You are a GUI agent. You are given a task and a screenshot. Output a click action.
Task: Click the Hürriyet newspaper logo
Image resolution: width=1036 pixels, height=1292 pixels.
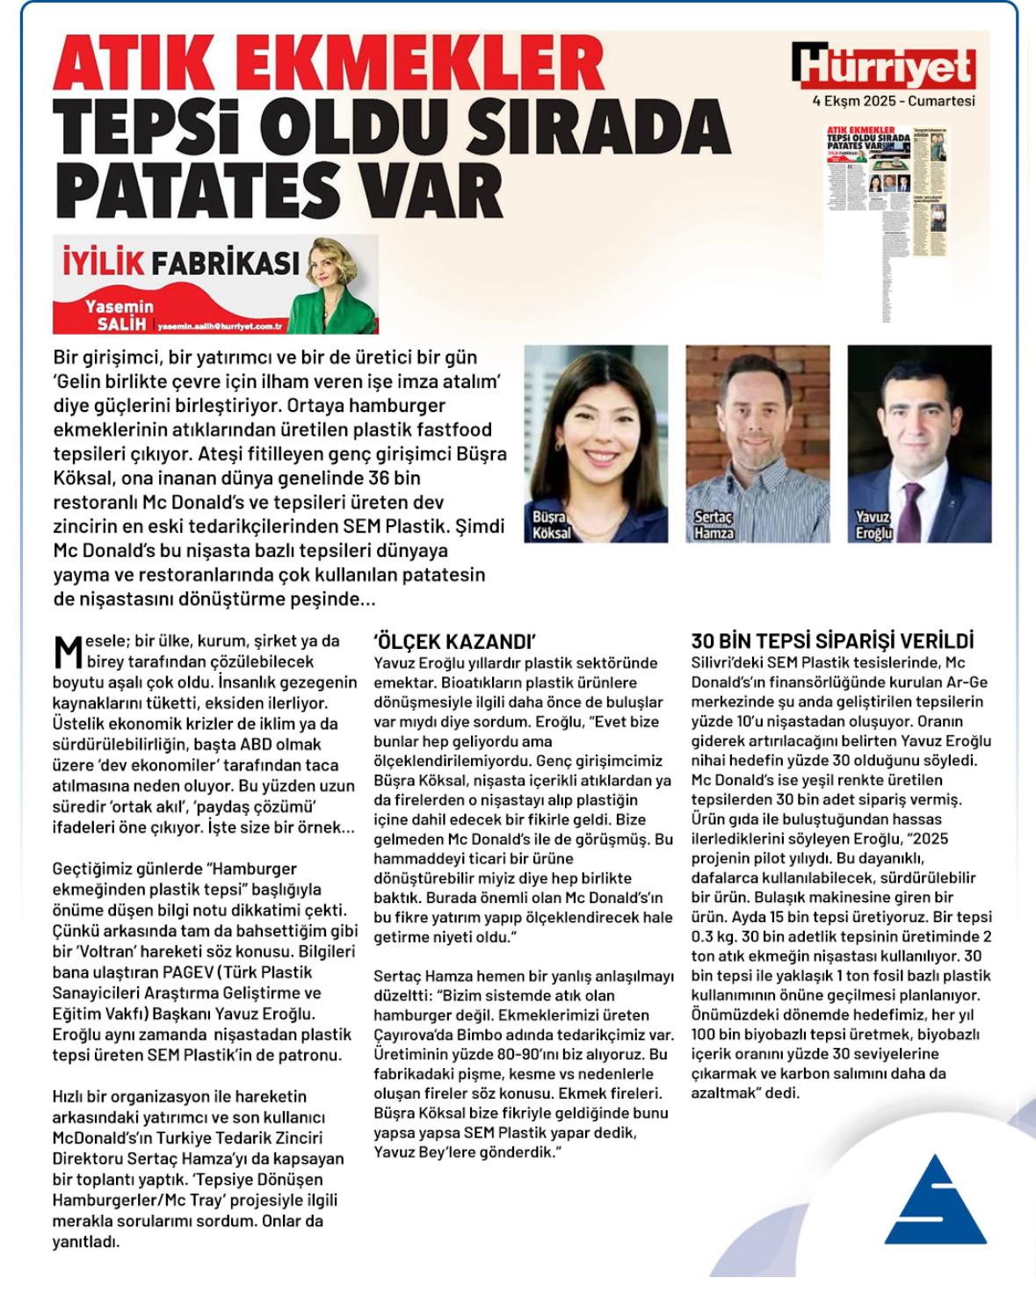point(883,66)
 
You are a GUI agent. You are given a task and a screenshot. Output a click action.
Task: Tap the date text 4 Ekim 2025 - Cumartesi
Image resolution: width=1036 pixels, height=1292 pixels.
point(893,101)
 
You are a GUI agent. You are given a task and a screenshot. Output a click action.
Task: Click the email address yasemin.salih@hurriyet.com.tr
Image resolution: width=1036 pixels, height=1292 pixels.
point(220,325)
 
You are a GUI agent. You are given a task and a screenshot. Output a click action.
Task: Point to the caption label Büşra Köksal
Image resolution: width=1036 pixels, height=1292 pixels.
point(551,525)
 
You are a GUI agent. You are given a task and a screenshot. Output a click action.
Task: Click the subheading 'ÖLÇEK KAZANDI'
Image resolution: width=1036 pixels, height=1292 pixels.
point(454,641)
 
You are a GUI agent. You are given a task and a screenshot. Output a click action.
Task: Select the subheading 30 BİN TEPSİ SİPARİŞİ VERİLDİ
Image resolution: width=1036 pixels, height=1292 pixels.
point(832,641)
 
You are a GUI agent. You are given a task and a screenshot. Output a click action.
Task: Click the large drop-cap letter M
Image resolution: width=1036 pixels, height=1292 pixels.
point(68,651)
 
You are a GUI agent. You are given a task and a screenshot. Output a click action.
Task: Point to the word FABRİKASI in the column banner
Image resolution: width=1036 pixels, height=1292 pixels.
point(226,263)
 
